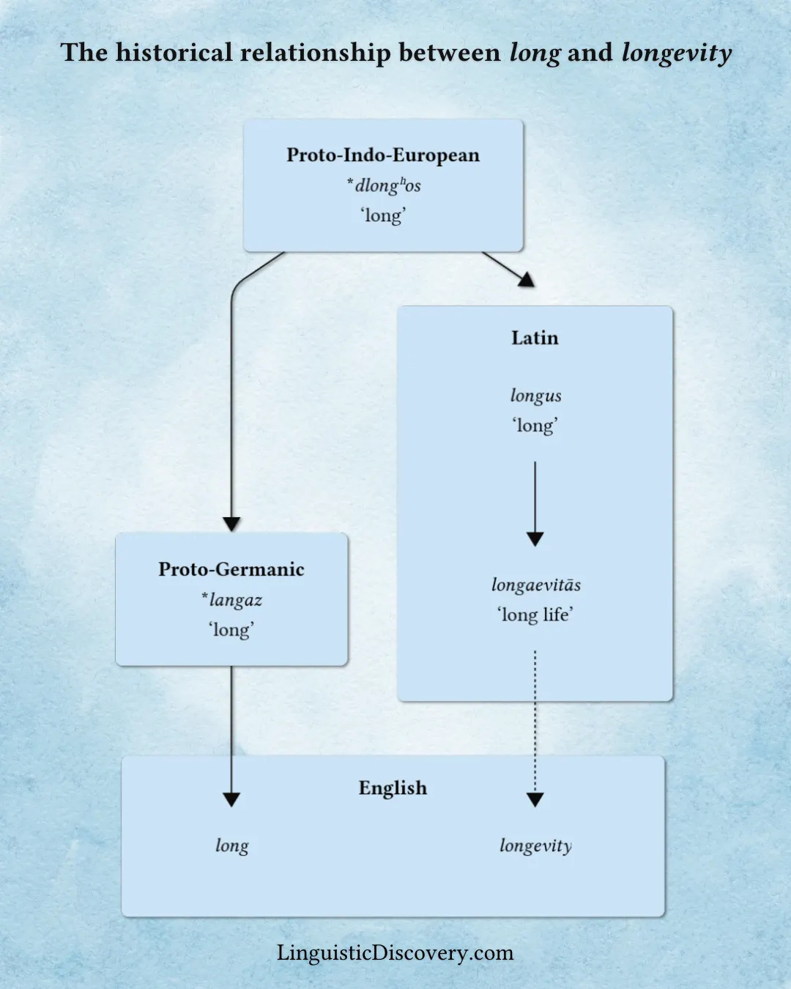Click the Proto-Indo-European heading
(383, 155)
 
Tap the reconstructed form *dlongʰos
(384, 185)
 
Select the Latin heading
(535, 338)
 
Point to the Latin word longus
(535, 396)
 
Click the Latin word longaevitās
(535, 585)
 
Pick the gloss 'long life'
(535, 615)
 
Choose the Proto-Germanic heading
(231, 569)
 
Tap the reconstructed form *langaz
(231, 600)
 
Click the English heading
(393, 788)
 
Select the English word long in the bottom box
(231, 846)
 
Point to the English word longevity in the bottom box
(535, 846)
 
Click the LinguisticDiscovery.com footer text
(395, 952)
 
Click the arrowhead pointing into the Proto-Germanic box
(231, 524)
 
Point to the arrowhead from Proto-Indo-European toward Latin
(526, 278)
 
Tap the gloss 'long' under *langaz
(231, 630)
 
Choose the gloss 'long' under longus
(535, 426)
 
